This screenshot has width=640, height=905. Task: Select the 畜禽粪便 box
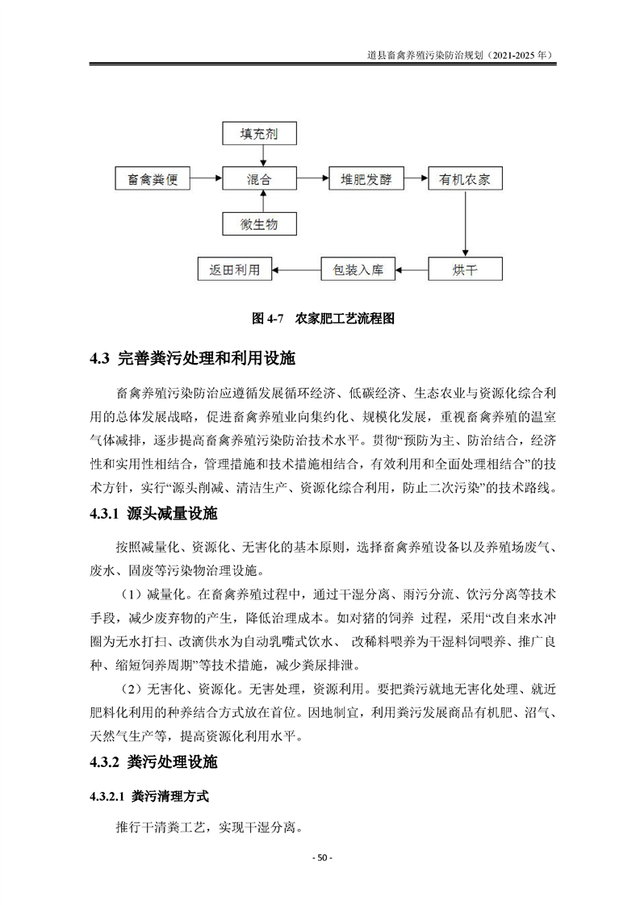pos(153,177)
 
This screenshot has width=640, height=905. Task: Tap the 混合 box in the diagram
pos(258,177)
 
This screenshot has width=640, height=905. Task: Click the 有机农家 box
pos(465,177)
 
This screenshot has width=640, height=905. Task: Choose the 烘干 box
pos(465,269)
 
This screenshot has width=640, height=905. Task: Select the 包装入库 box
pos(358,269)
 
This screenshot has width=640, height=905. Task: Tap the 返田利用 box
pos(235,269)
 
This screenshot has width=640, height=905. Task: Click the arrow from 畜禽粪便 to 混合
pos(204,177)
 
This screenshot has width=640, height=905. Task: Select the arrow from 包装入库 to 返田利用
pos(296,269)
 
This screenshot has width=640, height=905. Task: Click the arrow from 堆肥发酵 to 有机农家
pos(416,177)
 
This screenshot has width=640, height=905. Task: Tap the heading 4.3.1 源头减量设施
pos(169,514)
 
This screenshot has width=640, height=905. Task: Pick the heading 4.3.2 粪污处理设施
pos(169,761)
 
